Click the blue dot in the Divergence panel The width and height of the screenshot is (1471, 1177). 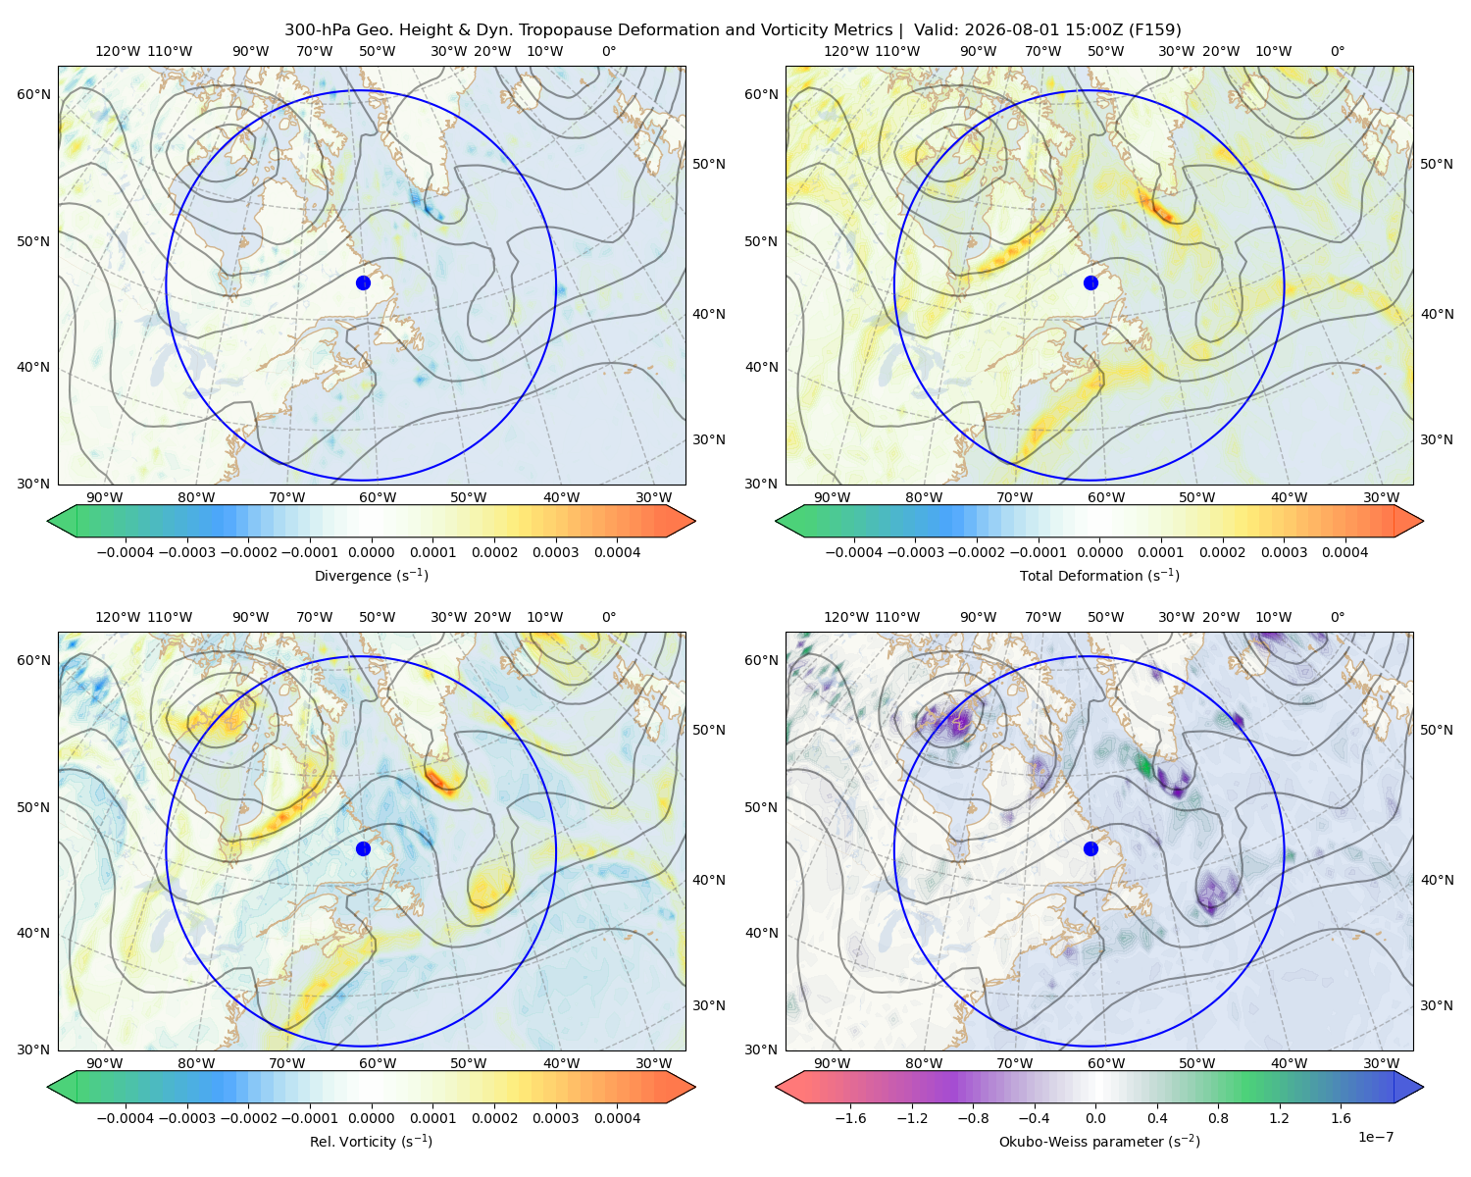363,282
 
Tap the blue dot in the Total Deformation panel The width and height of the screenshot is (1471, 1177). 1091,282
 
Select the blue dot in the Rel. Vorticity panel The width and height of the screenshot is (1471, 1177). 363,848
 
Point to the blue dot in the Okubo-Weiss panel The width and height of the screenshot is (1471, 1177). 1091,848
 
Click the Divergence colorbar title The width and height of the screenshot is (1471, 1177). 371,575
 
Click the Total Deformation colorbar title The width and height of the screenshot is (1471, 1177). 1099,575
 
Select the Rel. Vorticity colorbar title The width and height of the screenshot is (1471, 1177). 371,1141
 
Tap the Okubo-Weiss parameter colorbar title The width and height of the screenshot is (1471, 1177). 1099,1141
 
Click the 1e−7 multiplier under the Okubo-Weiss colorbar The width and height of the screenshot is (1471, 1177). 1375,1137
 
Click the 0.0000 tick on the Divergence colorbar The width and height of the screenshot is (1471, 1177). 371,552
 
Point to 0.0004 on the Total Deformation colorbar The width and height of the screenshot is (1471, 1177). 1345,552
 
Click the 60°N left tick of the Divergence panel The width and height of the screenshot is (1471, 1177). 33,94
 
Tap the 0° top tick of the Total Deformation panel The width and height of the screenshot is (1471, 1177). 1337,51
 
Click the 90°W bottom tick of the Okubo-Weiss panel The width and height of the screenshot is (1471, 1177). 832,1063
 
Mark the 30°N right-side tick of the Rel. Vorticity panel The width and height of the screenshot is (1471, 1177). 709,1004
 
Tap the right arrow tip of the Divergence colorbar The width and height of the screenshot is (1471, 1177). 695,521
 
